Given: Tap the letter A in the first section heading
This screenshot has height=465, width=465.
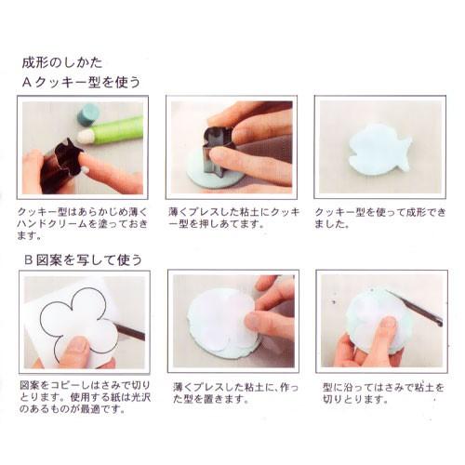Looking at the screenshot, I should click(28, 82).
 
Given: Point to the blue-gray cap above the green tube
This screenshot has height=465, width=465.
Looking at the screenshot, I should click(87, 114).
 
